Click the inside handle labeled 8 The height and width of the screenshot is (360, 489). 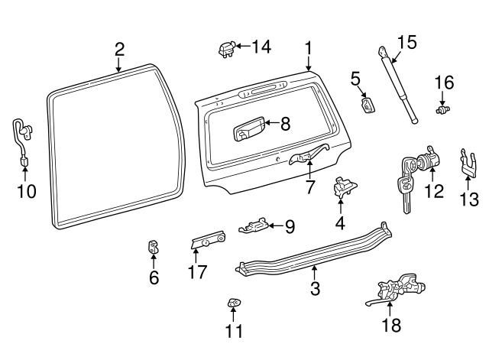[248, 128]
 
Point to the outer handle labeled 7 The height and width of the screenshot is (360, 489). [308, 156]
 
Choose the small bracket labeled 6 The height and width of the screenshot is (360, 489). [153, 248]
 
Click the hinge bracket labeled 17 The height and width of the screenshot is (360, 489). [207, 242]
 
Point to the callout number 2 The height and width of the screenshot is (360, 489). [119, 50]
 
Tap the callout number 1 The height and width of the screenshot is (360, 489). [308, 47]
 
